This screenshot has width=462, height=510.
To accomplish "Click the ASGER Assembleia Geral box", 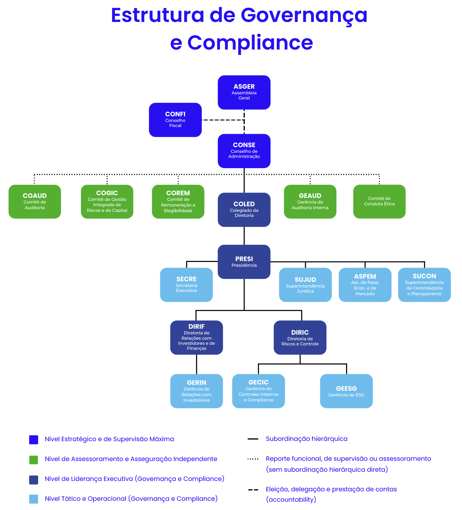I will pyautogui.click(x=244, y=92).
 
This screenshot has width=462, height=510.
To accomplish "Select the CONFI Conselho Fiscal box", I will pyautogui.click(x=175, y=120).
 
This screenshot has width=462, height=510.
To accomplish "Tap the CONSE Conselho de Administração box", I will pyautogui.click(x=244, y=151).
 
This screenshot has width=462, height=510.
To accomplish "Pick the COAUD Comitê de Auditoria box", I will pyautogui.click(x=35, y=201).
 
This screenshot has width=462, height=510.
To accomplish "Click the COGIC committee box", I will pyautogui.click(x=107, y=201).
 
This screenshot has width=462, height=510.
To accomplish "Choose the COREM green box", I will pyautogui.click(x=178, y=201).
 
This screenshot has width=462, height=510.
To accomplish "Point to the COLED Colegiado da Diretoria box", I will pyautogui.click(x=244, y=209).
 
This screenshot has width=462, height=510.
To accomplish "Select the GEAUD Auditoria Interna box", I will pyautogui.click(x=310, y=201).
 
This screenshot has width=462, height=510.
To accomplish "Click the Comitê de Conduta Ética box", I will pyautogui.click(x=379, y=201).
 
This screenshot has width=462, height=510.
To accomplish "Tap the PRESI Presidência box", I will pyautogui.click(x=244, y=262).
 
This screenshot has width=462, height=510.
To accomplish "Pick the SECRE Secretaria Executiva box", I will pyautogui.click(x=186, y=285).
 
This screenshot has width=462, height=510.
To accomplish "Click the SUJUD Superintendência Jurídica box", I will pyautogui.click(x=305, y=285).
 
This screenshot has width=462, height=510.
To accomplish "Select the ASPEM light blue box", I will pyautogui.click(x=365, y=285).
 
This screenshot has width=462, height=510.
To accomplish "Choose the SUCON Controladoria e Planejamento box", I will pyautogui.click(x=424, y=285).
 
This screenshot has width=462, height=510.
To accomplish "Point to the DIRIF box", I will pyautogui.click(x=196, y=337).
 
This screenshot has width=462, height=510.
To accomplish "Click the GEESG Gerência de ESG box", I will pyautogui.click(x=346, y=391).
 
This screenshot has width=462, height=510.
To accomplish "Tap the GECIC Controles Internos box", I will pyautogui.click(x=258, y=391).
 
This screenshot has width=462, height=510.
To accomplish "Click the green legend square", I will pyautogui.click(x=34, y=460).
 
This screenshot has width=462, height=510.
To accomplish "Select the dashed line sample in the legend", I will pyautogui.click(x=253, y=490).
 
